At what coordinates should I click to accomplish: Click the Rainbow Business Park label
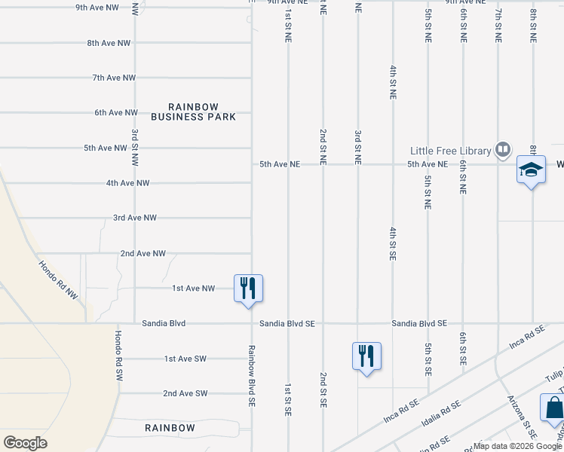point(193,111)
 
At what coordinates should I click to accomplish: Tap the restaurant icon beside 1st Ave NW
point(248,289)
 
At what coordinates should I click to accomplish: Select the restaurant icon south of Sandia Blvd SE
point(366,356)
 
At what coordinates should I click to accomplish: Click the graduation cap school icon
point(531,170)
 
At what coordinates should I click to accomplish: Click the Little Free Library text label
point(450,150)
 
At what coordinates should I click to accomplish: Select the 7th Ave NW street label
point(114,78)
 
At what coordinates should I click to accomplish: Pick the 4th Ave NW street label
point(127,183)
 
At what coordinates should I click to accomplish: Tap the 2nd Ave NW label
point(143,254)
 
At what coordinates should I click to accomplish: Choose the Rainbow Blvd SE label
point(252,376)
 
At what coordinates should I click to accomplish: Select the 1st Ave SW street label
point(185,359)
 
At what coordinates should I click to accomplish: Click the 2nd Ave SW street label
point(185,393)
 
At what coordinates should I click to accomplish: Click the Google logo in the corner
point(26,442)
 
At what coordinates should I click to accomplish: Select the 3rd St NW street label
point(135,145)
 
